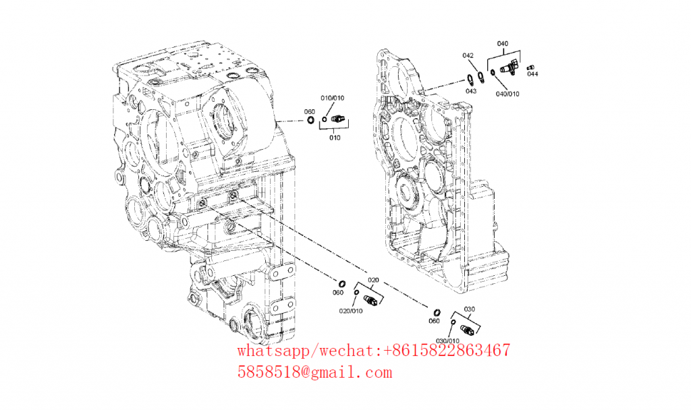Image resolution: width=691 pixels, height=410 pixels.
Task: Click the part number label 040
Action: [502, 44]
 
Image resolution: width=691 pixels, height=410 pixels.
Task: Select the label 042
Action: [468, 55]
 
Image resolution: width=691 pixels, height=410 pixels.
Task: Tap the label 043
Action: [471, 91]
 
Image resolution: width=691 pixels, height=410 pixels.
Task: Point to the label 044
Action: [533, 74]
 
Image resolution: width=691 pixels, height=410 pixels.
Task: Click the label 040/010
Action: [507, 94]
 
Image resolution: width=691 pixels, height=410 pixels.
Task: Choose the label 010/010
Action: [332, 98]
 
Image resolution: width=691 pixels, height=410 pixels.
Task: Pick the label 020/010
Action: [351, 311]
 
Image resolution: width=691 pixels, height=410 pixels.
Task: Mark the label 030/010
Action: [448, 341]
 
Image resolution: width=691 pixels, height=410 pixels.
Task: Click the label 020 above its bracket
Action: [373, 280]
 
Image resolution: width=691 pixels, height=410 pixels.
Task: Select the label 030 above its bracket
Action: [470, 309]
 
